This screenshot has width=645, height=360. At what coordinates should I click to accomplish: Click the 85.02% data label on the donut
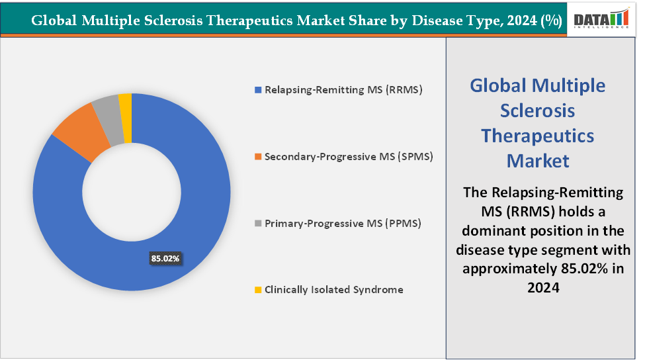pyautogui.click(x=165, y=259)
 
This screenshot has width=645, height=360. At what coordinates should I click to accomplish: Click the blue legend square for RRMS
pyautogui.click(x=259, y=89)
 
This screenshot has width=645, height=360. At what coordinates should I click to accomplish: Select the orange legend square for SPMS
pyautogui.click(x=259, y=157)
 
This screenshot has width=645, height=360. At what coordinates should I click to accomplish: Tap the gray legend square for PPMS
pyautogui.click(x=259, y=224)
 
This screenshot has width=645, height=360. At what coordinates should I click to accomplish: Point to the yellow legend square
pyautogui.click(x=259, y=290)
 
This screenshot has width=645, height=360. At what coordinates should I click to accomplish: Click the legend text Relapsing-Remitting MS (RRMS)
pyautogui.click(x=343, y=89)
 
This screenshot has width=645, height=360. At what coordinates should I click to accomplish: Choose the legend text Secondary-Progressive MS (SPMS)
pyautogui.click(x=349, y=157)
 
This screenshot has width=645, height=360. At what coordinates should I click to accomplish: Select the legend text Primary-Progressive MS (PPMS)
pyautogui.click(x=343, y=224)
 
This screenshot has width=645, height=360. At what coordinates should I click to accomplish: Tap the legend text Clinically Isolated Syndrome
pyautogui.click(x=334, y=290)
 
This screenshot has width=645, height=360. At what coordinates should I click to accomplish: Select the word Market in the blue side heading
pyautogui.click(x=537, y=160)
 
